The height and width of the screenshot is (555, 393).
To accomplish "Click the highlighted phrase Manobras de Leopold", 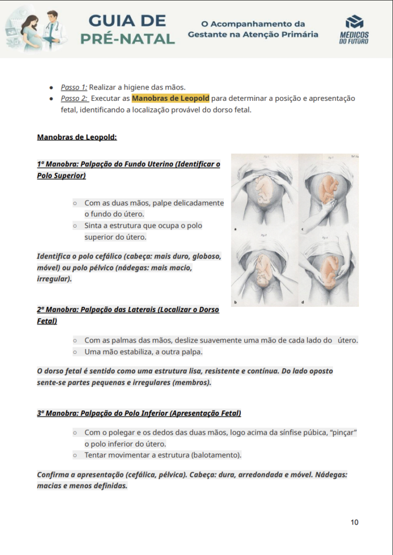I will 170,99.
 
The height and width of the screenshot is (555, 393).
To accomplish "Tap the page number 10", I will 355,522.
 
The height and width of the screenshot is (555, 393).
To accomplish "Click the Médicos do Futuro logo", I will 354,29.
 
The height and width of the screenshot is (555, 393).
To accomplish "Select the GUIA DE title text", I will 127,21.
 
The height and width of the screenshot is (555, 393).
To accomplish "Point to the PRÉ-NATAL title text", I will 127,39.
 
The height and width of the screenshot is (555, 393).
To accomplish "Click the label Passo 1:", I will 74,87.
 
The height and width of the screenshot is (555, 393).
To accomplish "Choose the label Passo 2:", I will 74,99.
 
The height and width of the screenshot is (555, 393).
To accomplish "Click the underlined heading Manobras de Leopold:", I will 77,137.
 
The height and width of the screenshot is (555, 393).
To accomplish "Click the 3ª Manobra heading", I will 139,413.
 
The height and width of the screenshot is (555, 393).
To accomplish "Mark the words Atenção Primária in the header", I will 284,35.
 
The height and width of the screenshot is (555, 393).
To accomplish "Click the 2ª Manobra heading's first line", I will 128,310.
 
